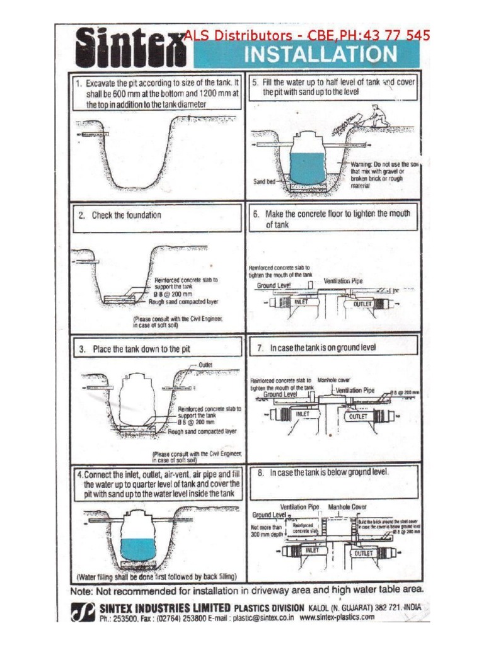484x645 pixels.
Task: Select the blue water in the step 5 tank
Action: click(309, 166)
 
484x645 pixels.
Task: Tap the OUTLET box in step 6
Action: click(363, 304)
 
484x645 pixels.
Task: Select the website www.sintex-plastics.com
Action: click(337, 618)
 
